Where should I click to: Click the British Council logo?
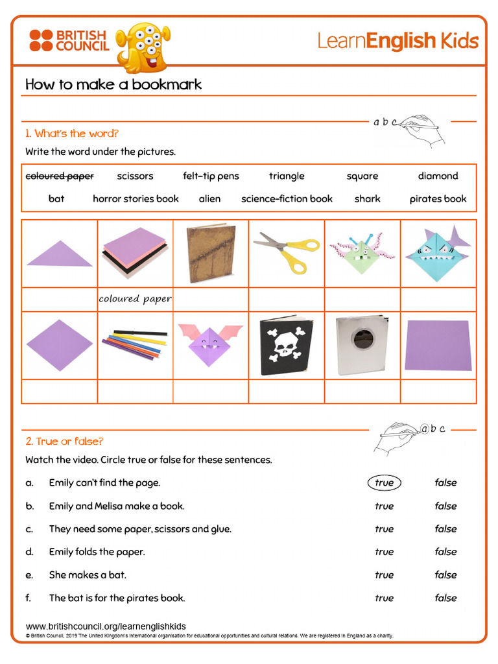[69, 40]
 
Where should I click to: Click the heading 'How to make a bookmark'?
[113, 84]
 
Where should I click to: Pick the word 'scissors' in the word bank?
[135, 176]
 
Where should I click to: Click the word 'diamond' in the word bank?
[438, 176]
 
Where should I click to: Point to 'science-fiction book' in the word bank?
[287, 199]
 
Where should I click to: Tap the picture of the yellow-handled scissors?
[287, 253]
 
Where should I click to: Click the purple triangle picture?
[60, 254]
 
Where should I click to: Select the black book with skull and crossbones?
[286, 346]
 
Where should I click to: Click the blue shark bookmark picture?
[438, 254]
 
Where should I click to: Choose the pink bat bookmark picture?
[210, 344]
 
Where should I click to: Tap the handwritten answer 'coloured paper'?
[135, 299]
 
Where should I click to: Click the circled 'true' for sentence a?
[384, 482]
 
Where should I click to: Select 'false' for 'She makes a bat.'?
[445, 575]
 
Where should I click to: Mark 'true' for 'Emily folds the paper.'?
[384, 552]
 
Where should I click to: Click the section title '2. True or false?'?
[64, 442]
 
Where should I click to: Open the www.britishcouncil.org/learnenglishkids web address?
[106, 626]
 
